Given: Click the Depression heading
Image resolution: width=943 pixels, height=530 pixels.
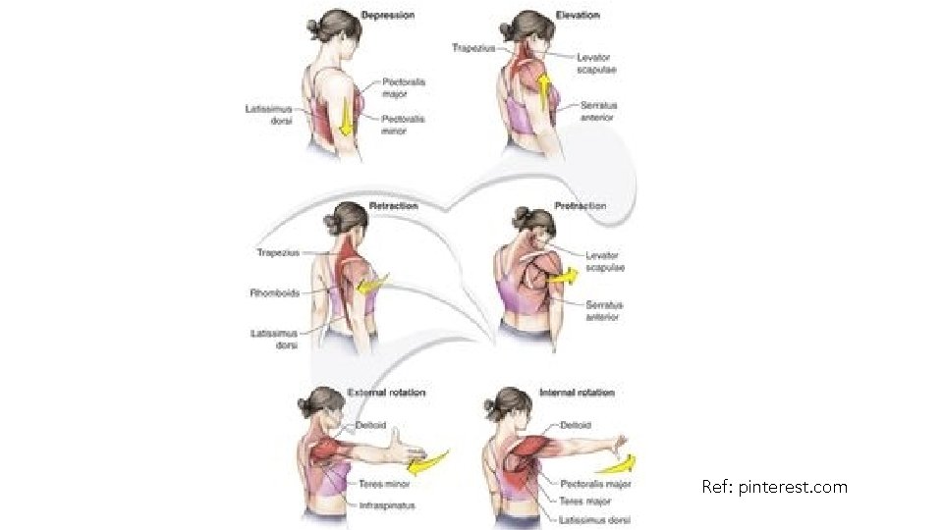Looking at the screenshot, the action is [388, 16].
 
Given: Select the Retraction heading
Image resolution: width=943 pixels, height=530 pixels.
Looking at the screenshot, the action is [393, 206].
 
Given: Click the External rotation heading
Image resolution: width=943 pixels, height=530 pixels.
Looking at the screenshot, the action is [387, 393].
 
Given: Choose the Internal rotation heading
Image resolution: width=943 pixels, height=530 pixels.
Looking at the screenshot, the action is [578, 393].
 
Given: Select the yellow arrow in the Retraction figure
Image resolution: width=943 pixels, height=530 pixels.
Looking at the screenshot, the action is [370, 285].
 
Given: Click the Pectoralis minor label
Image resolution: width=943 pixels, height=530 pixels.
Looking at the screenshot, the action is [403, 125].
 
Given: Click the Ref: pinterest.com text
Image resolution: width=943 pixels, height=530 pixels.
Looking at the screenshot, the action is [774, 486].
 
